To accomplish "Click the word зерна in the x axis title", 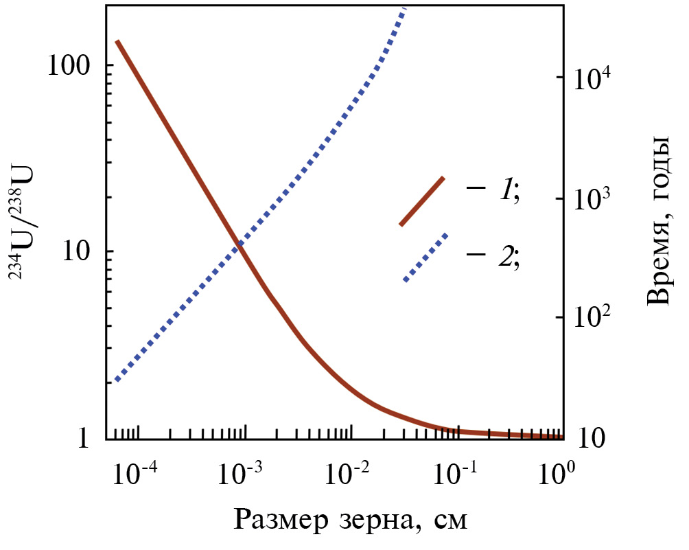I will pos(378,520).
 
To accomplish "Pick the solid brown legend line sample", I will pos(423,200).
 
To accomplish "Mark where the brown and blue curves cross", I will pos(237,244).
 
